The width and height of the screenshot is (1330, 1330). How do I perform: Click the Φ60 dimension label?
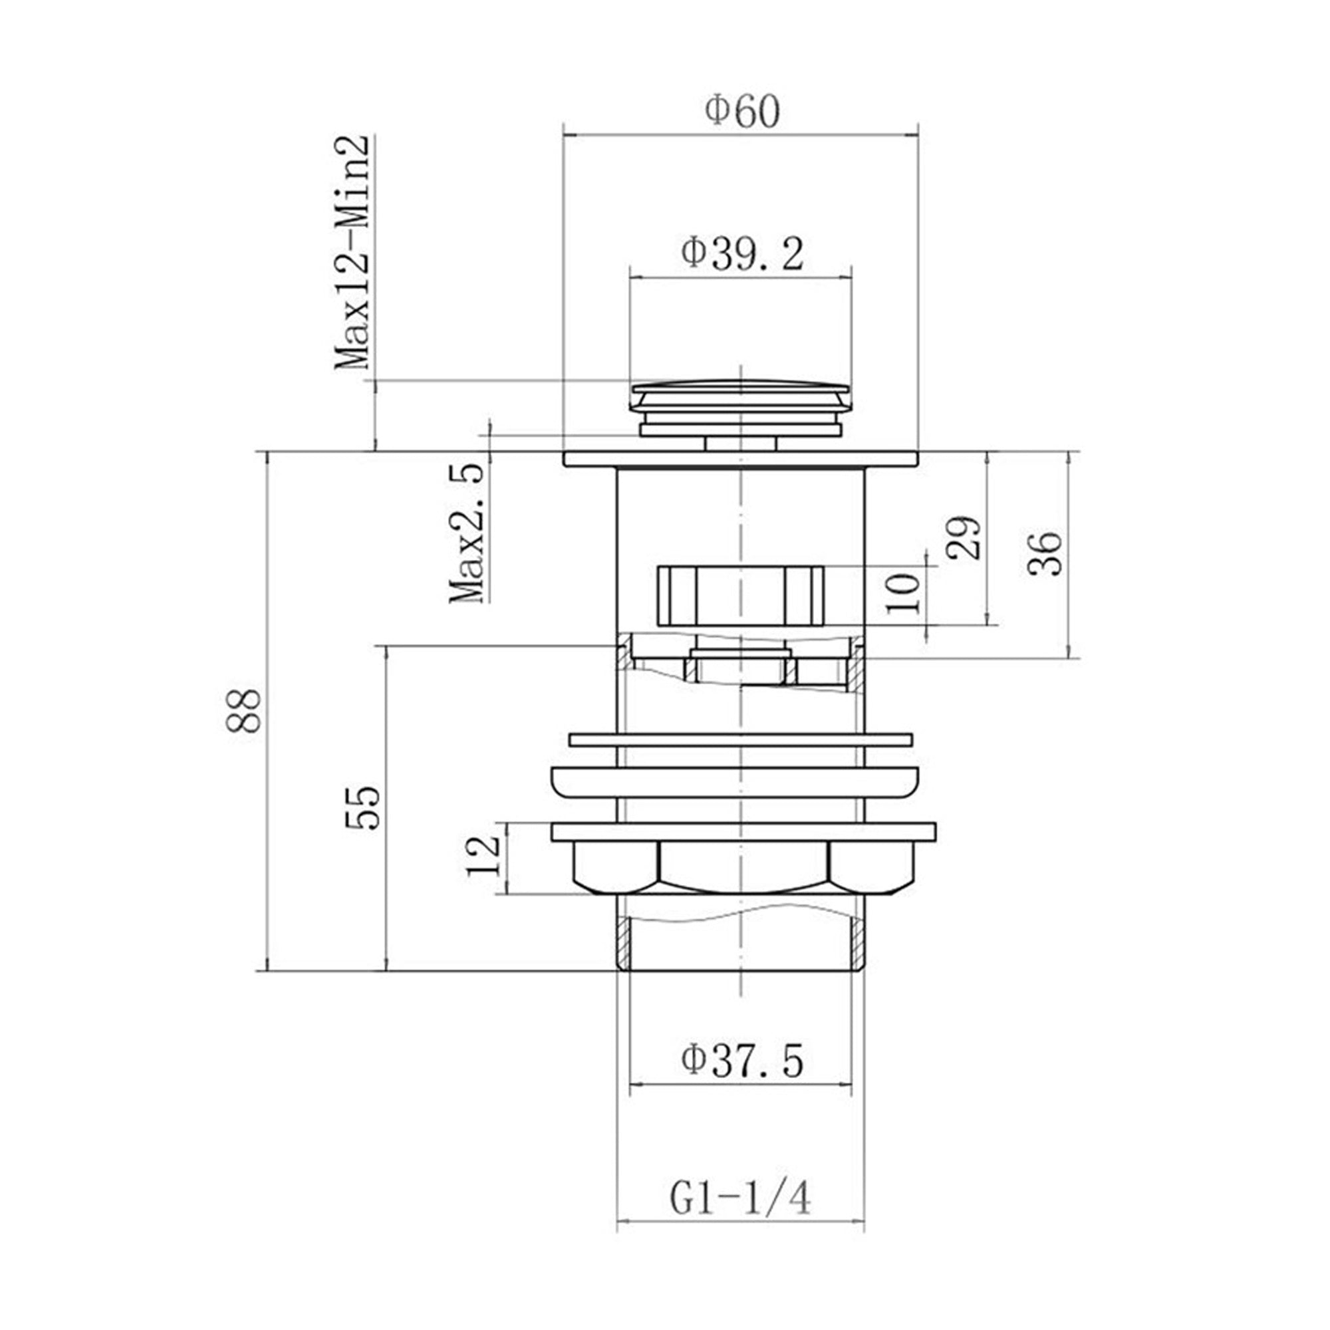pyautogui.click(x=743, y=112)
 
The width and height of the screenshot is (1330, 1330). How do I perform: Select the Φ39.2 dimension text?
pyautogui.click(x=742, y=254)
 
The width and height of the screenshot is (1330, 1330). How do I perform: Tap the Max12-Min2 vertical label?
pyautogui.click(x=352, y=253)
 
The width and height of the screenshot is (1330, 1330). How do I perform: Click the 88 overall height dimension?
pyautogui.click(x=243, y=711)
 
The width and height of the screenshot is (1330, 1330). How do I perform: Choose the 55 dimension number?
pyautogui.click(x=364, y=809)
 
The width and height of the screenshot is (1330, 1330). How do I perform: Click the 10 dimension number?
pyautogui.click(x=904, y=593)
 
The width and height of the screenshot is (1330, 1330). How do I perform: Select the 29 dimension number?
pyautogui.click(x=962, y=537)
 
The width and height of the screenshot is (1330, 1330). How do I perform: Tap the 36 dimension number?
pyautogui.click(x=1045, y=554)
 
